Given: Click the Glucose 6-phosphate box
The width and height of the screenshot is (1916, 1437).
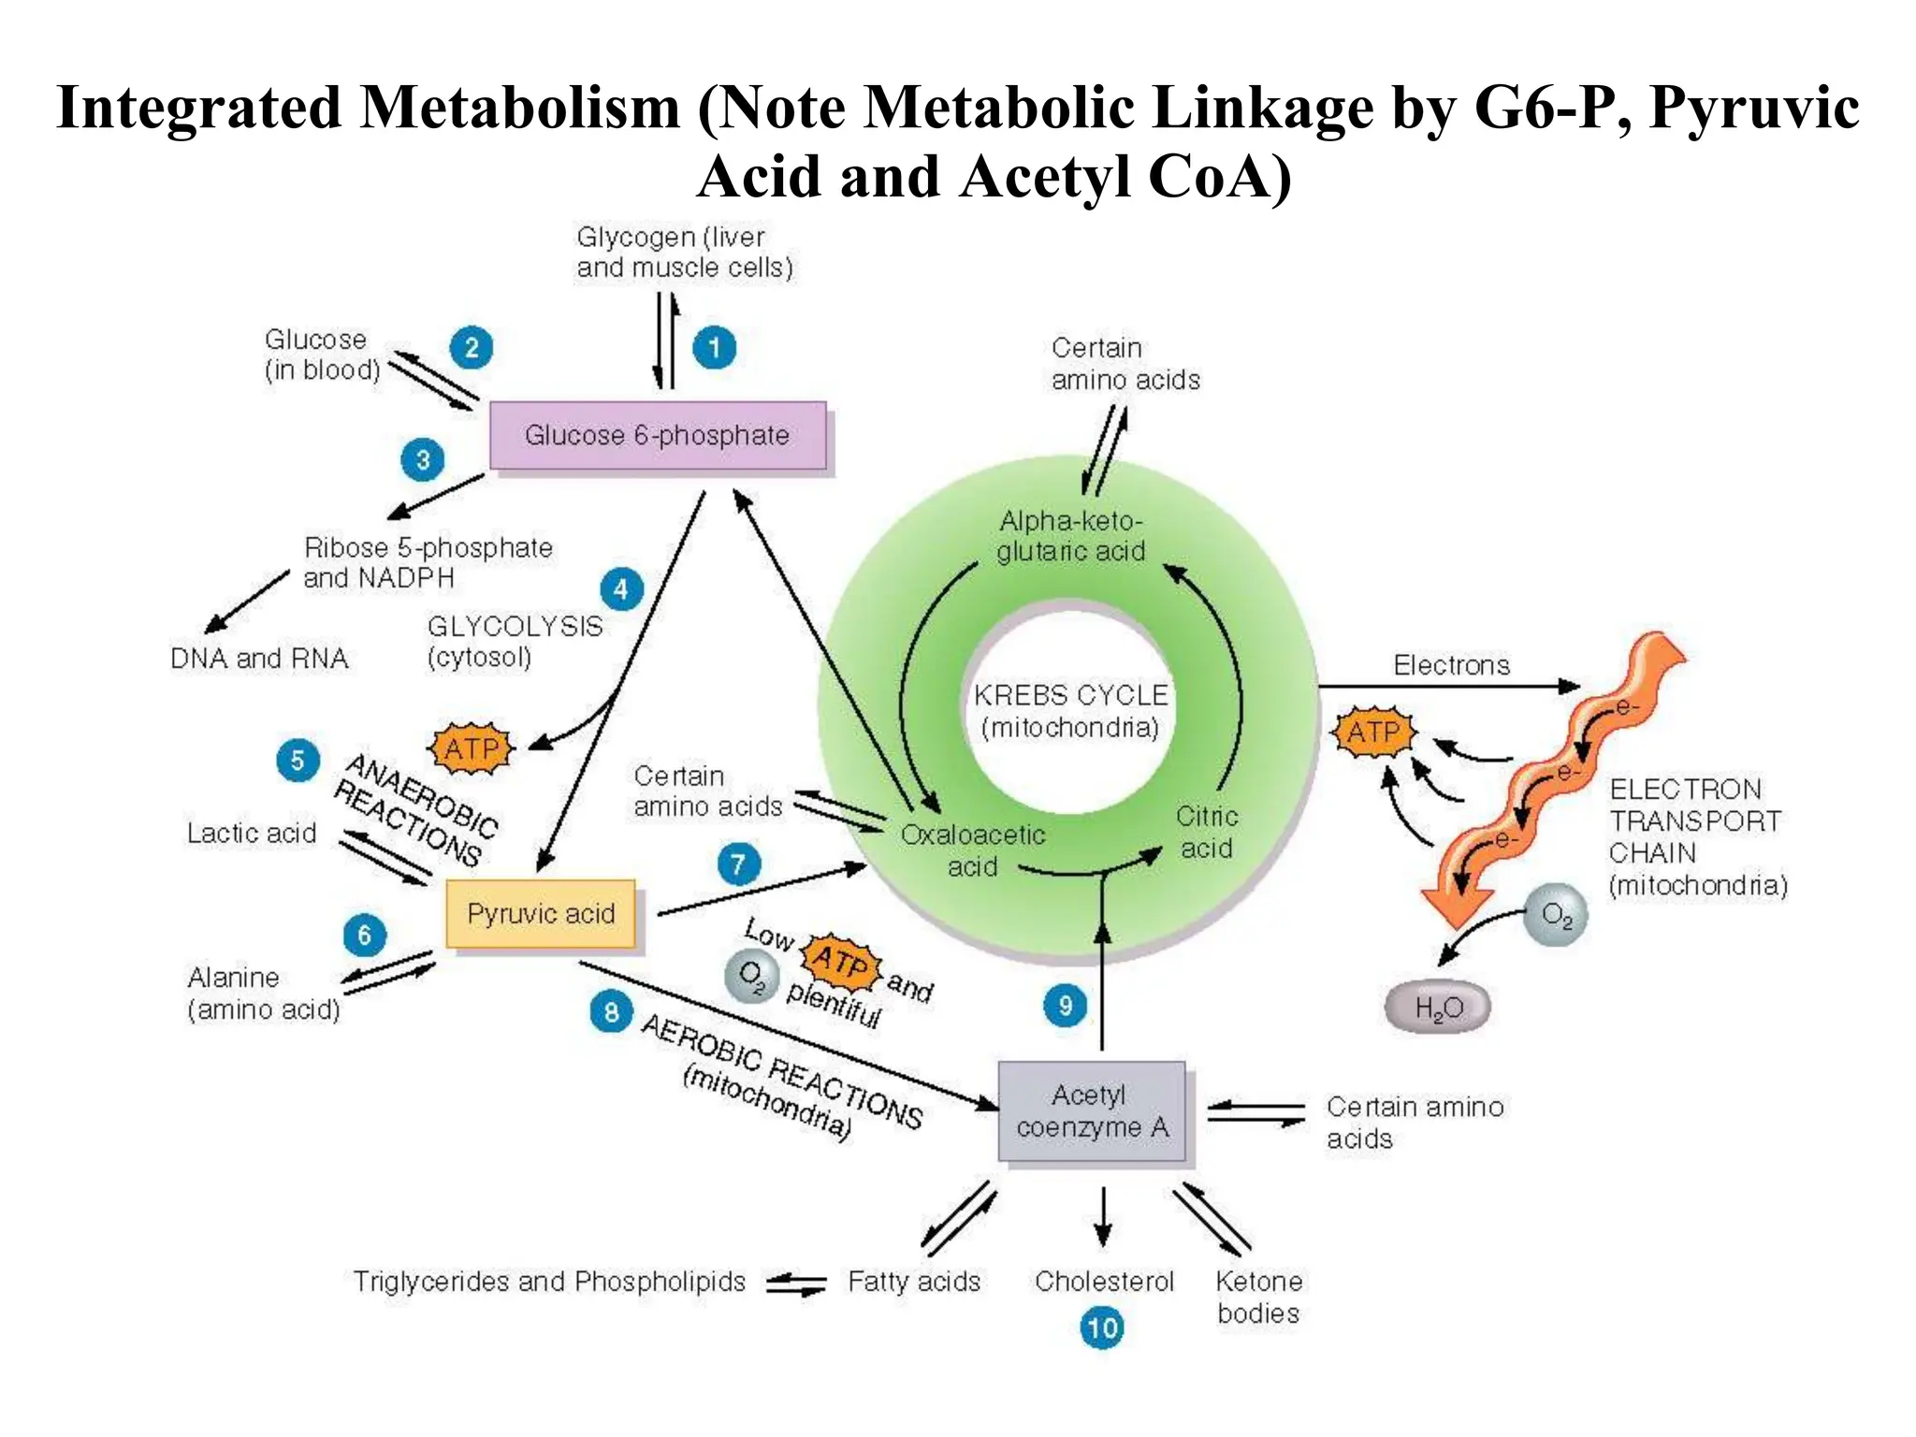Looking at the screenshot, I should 658,436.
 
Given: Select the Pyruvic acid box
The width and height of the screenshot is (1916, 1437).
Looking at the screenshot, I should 541,914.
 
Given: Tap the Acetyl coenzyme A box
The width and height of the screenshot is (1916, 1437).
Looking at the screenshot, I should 1092,1111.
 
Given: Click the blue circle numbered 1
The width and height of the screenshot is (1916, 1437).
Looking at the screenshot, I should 714,348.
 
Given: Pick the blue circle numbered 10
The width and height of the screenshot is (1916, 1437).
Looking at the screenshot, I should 1102,1328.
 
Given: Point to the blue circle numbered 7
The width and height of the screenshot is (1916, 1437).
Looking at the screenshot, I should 738,864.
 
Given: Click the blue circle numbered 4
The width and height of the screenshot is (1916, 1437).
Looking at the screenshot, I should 621,590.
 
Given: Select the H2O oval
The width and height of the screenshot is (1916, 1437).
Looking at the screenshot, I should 1438,1008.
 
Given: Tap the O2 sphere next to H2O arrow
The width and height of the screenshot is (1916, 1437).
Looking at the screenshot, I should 1556,914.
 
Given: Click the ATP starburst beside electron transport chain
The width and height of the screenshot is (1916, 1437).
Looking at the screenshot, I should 1373,733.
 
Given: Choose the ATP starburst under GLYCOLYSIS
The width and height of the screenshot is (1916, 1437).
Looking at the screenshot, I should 472,748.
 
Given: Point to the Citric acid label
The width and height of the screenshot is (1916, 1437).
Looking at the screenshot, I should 1206,833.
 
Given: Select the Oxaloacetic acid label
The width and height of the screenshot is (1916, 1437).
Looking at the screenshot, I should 972,850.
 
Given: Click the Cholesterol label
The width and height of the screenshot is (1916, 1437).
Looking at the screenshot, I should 1104,1282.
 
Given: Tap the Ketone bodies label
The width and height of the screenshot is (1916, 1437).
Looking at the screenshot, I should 1258,1297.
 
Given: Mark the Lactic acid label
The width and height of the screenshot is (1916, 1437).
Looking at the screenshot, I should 252,834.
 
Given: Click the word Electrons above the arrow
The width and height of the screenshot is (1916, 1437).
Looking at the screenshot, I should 1451,665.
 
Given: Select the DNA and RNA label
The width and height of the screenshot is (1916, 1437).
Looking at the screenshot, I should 259,659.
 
